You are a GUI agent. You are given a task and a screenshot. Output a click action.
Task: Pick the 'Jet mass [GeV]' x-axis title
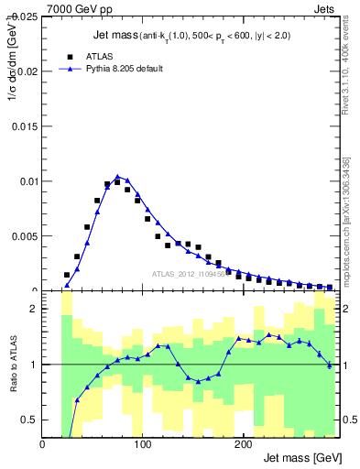[301, 458]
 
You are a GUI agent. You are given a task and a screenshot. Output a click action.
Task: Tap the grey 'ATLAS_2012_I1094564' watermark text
[193, 273]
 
